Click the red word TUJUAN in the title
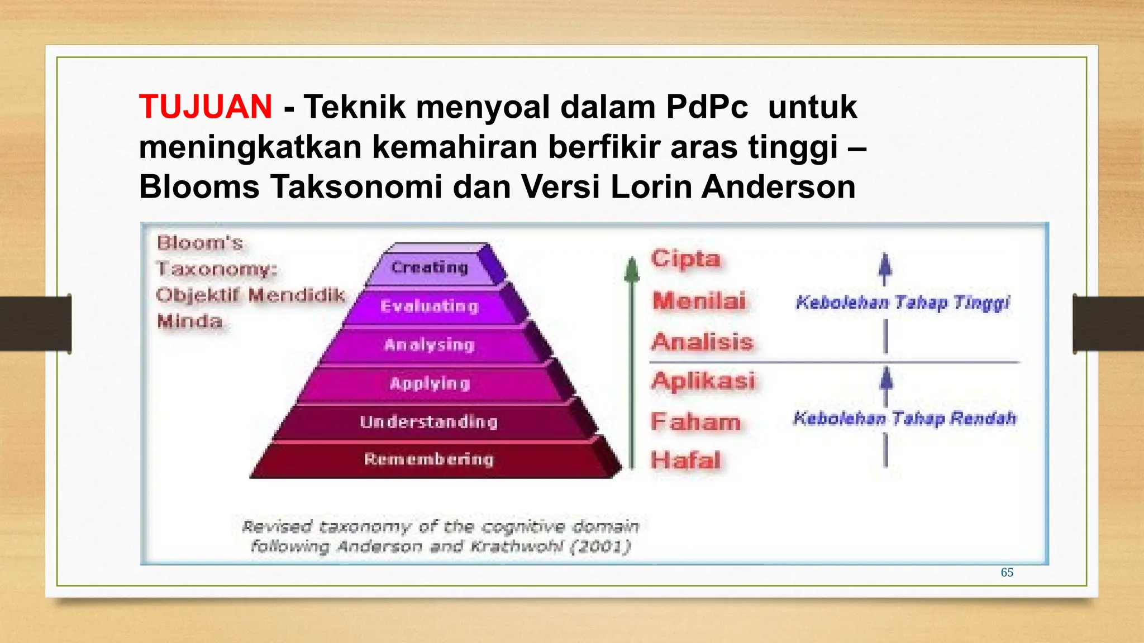click(x=206, y=107)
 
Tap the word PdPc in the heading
click(x=707, y=107)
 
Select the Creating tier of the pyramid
click(x=429, y=267)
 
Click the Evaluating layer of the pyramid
click(x=429, y=306)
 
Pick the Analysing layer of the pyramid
click(x=429, y=345)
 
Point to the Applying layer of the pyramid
click(x=430, y=383)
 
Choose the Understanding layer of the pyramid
click(x=428, y=421)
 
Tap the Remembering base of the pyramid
click(x=428, y=459)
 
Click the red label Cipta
click(x=685, y=258)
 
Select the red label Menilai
click(x=699, y=301)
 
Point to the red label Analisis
click(x=702, y=342)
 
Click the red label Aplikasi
click(x=703, y=381)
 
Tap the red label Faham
click(x=695, y=421)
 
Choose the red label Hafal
click(x=685, y=460)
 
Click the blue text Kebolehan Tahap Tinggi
click(x=903, y=303)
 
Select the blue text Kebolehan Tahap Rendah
click(x=904, y=418)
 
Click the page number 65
click(x=1007, y=572)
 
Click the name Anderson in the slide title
click(x=778, y=186)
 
